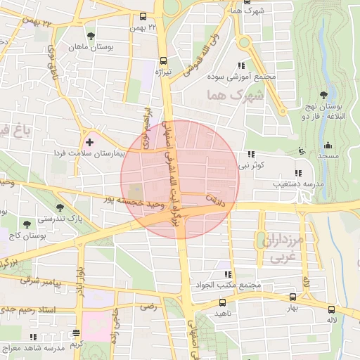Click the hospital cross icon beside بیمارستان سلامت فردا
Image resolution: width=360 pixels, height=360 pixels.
(89, 142)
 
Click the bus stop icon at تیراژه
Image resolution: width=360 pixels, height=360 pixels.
(164, 60)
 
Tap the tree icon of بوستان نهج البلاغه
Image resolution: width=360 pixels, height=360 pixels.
(323, 95)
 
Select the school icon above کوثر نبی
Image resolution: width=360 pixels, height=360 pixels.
(250, 155)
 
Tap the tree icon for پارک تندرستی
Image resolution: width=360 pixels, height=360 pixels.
(60, 207)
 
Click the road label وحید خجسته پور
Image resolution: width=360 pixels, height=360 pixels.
(138, 201)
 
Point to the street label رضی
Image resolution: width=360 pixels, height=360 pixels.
(148, 307)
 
